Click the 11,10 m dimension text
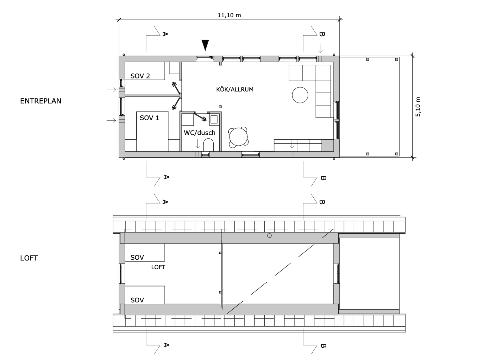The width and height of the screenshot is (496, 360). [x=229, y=15]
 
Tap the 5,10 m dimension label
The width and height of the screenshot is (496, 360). [x=418, y=107]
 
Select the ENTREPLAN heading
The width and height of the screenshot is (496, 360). [x=41, y=101]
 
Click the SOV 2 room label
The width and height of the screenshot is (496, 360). [x=140, y=76]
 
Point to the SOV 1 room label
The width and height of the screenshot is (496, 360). [x=150, y=118]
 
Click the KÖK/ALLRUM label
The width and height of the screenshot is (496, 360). [x=235, y=89]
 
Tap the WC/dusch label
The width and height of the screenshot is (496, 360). [x=200, y=133]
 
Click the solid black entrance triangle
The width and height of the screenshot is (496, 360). [x=205, y=45]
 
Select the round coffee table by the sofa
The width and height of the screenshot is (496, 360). [x=300, y=95]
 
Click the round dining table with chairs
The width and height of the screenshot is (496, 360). [x=238, y=137]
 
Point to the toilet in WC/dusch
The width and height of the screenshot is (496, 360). [x=208, y=145]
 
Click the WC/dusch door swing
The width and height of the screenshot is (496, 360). [x=200, y=116]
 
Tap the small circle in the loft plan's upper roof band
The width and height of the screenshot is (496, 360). [x=269, y=235]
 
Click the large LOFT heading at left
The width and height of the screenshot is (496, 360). [x=29, y=258]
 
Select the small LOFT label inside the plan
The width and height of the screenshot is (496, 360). [x=158, y=267]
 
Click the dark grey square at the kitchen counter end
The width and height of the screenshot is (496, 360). [x=327, y=145]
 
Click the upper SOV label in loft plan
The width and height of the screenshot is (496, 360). [x=137, y=257]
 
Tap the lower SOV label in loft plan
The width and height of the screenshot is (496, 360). [x=137, y=300]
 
